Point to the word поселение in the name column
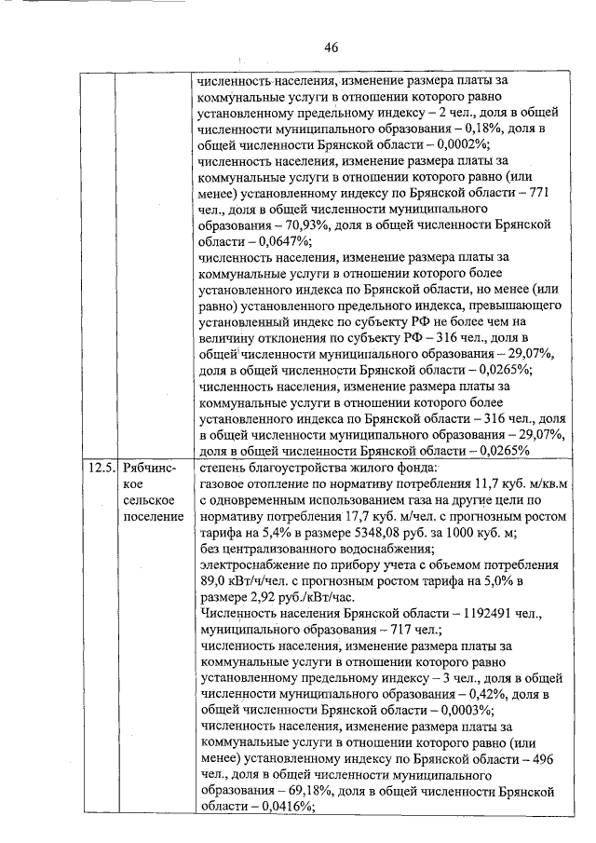pos(152,519)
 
